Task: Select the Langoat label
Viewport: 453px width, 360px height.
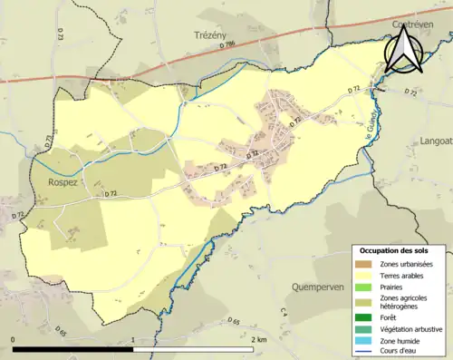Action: coord(436,141)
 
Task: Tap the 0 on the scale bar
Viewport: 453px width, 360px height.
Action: coord(14,339)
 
